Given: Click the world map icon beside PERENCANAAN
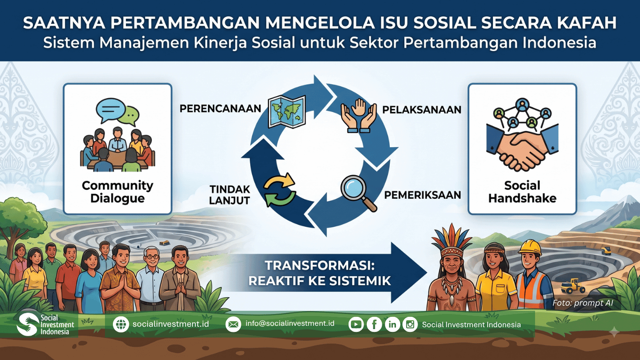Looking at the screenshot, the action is (287, 112).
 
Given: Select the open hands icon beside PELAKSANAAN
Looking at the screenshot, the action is (358, 115).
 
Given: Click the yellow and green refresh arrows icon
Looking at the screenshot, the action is (280, 189).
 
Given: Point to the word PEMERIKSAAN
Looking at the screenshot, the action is (422, 195).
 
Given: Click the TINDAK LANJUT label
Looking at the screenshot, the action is (230, 195).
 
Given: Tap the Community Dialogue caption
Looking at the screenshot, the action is (118, 192).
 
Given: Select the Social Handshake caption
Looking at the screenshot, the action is (522, 192).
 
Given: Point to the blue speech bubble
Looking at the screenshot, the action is (111, 110).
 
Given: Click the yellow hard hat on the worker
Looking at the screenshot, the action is (530, 247).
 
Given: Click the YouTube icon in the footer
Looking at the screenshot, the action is (356, 324).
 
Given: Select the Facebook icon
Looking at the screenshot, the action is (374, 324).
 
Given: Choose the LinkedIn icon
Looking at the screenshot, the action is (392, 324).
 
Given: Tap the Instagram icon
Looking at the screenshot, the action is (410, 324).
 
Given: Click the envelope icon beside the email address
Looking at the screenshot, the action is (233, 324).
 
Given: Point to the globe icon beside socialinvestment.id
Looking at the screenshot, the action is (121, 324).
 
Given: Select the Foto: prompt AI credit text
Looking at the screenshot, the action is (583, 303).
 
